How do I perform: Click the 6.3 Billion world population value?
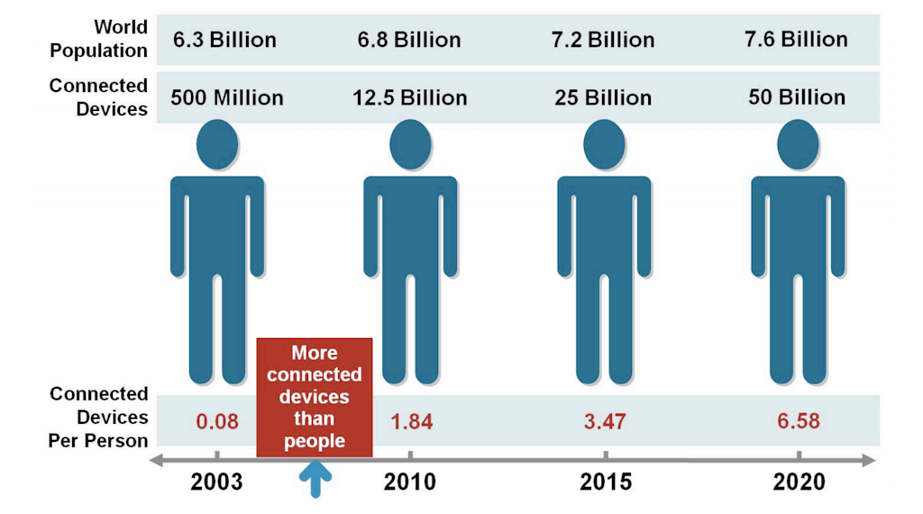(x=224, y=40)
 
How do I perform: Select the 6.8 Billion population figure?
(x=409, y=40)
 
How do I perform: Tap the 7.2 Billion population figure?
(x=602, y=40)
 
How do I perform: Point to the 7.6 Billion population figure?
(x=796, y=40)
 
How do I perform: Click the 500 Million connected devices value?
(x=227, y=97)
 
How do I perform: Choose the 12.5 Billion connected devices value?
(x=410, y=97)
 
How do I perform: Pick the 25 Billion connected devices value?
(x=603, y=97)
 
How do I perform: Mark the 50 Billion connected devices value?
(x=797, y=97)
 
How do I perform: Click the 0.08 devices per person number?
(x=217, y=421)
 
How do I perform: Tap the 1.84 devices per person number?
(x=410, y=421)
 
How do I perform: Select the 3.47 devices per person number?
(x=604, y=421)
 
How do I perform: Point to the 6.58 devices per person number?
(x=798, y=421)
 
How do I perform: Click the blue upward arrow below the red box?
(x=315, y=479)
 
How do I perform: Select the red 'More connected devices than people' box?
(x=314, y=397)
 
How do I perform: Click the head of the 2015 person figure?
(x=604, y=144)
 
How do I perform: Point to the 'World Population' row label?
(x=99, y=39)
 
